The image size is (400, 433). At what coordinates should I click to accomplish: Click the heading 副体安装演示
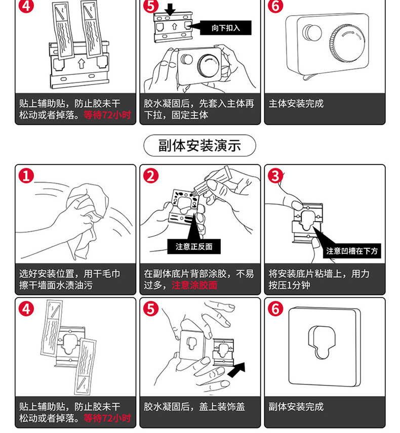199,146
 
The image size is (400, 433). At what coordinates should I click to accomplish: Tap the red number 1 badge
26,176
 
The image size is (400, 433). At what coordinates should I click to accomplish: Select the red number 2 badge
151,176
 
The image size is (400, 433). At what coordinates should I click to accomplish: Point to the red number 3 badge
275,176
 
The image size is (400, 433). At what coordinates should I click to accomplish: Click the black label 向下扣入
225,28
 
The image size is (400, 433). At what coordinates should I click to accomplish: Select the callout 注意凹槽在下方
352,251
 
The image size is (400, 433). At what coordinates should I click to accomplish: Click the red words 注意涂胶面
194,285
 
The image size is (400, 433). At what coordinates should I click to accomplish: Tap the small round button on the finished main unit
310,32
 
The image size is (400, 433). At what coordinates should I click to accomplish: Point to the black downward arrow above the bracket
171,9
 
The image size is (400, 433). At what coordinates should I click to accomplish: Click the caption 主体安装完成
296,104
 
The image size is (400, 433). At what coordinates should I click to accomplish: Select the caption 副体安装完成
296,407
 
